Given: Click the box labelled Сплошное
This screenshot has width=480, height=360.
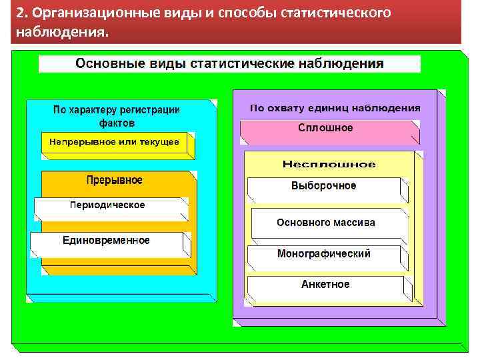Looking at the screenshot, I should click(325, 129).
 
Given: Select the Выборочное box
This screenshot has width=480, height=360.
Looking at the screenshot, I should click(324, 186).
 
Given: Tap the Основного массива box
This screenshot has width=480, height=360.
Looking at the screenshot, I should click(326, 223).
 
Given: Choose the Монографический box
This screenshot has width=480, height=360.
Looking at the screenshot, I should click(324, 254).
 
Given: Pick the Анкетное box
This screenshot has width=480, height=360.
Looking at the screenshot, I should click(325, 285).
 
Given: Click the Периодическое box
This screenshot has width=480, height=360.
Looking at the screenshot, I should click(107, 205).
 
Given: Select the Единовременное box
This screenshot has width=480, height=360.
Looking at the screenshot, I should click(106, 240).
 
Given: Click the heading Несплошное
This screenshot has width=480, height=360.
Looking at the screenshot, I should click(329, 164).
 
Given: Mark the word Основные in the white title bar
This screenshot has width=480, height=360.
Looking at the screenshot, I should click(105, 64).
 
